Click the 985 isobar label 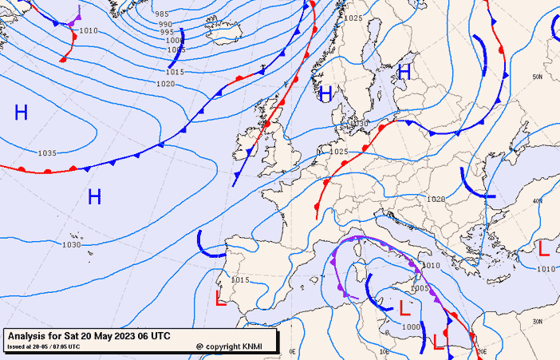[x=162, y=14]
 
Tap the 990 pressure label [x=165, y=25]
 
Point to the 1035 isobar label [x=47, y=152]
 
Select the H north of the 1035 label [x=21, y=113]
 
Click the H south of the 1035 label [x=94, y=196]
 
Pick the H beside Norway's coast [x=325, y=94]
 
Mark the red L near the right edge [x=544, y=248]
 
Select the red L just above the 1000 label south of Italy [x=404, y=308]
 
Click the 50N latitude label [x=538, y=77]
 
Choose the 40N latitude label [x=538, y=200]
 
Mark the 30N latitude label [x=538, y=322]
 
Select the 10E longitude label [x=385, y=350]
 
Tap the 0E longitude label [x=292, y=350]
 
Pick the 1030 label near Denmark [x=361, y=124]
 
